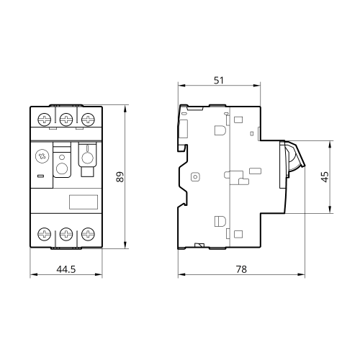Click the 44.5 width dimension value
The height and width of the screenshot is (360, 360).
click(66, 269)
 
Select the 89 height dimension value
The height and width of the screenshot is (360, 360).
click(120, 176)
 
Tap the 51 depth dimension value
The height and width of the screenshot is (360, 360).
click(219, 81)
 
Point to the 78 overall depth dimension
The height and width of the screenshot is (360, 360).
click(241, 269)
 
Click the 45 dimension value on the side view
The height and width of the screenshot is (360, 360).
click(325, 176)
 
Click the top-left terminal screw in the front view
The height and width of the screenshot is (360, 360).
click(45, 120)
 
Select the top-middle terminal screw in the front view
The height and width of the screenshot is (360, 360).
click(66, 120)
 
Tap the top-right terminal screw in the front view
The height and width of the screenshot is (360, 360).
click(88, 120)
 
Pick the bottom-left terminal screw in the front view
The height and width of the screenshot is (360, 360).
click(45, 234)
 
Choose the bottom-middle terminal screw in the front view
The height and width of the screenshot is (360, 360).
click(66, 234)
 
